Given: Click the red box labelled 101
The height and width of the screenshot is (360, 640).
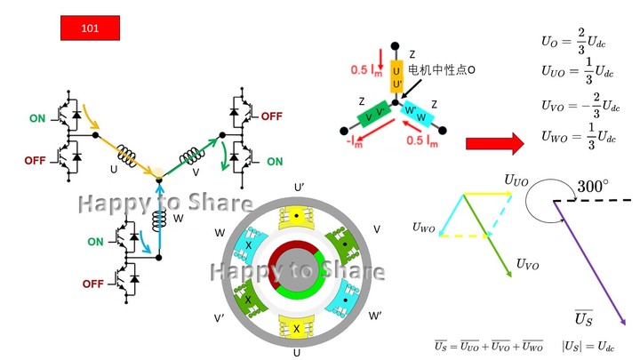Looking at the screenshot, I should (x=89, y=28).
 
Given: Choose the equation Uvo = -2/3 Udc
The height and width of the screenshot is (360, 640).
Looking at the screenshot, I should (x=580, y=106).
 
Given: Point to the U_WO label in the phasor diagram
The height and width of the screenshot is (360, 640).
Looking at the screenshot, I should (x=425, y=228).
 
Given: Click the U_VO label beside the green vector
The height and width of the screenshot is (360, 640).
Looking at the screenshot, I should (x=527, y=265).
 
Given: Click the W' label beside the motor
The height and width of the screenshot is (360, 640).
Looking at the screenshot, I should (x=375, y=316).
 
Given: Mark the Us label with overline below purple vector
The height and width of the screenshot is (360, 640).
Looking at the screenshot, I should (x=583, y=318).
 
